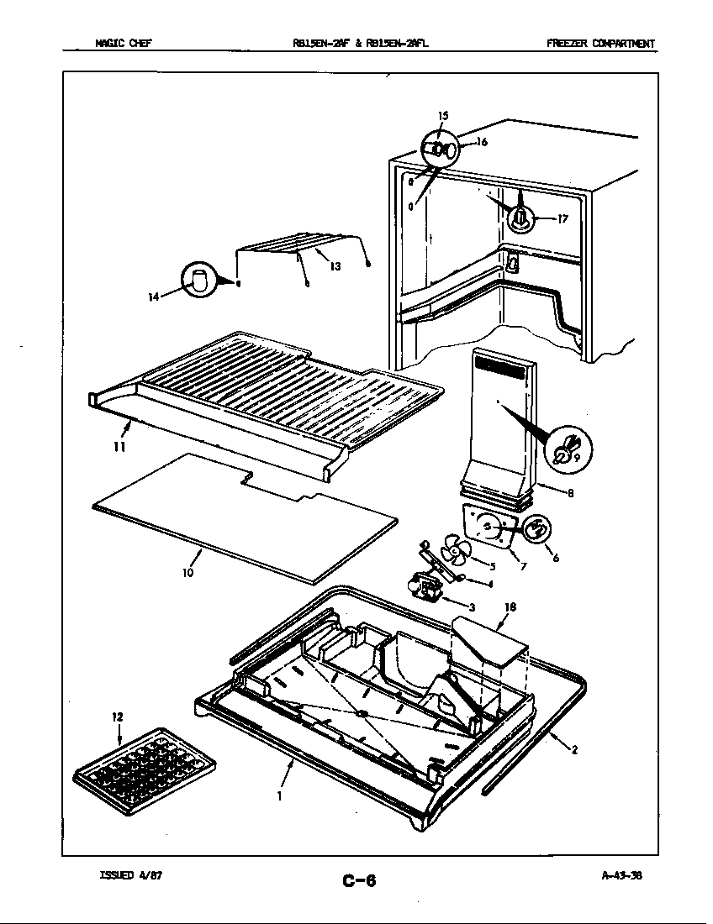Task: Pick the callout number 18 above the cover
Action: pyautogui.click(x=510, y=606)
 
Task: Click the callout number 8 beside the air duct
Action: pyautogui.click(x=570, y=493)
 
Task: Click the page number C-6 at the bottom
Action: pyautogui.click(x=359, y=880)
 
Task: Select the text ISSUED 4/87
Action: pyautogui.click(x=130, y=874)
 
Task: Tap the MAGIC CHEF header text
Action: pyautogui.click(x=123, y=44)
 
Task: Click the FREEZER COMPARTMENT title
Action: pyautogui.click(x=600, y=44)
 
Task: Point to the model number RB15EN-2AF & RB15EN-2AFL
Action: pyautogui.click(x=356, y=44)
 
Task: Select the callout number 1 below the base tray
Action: pyautogui.click(x=279, y=795)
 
